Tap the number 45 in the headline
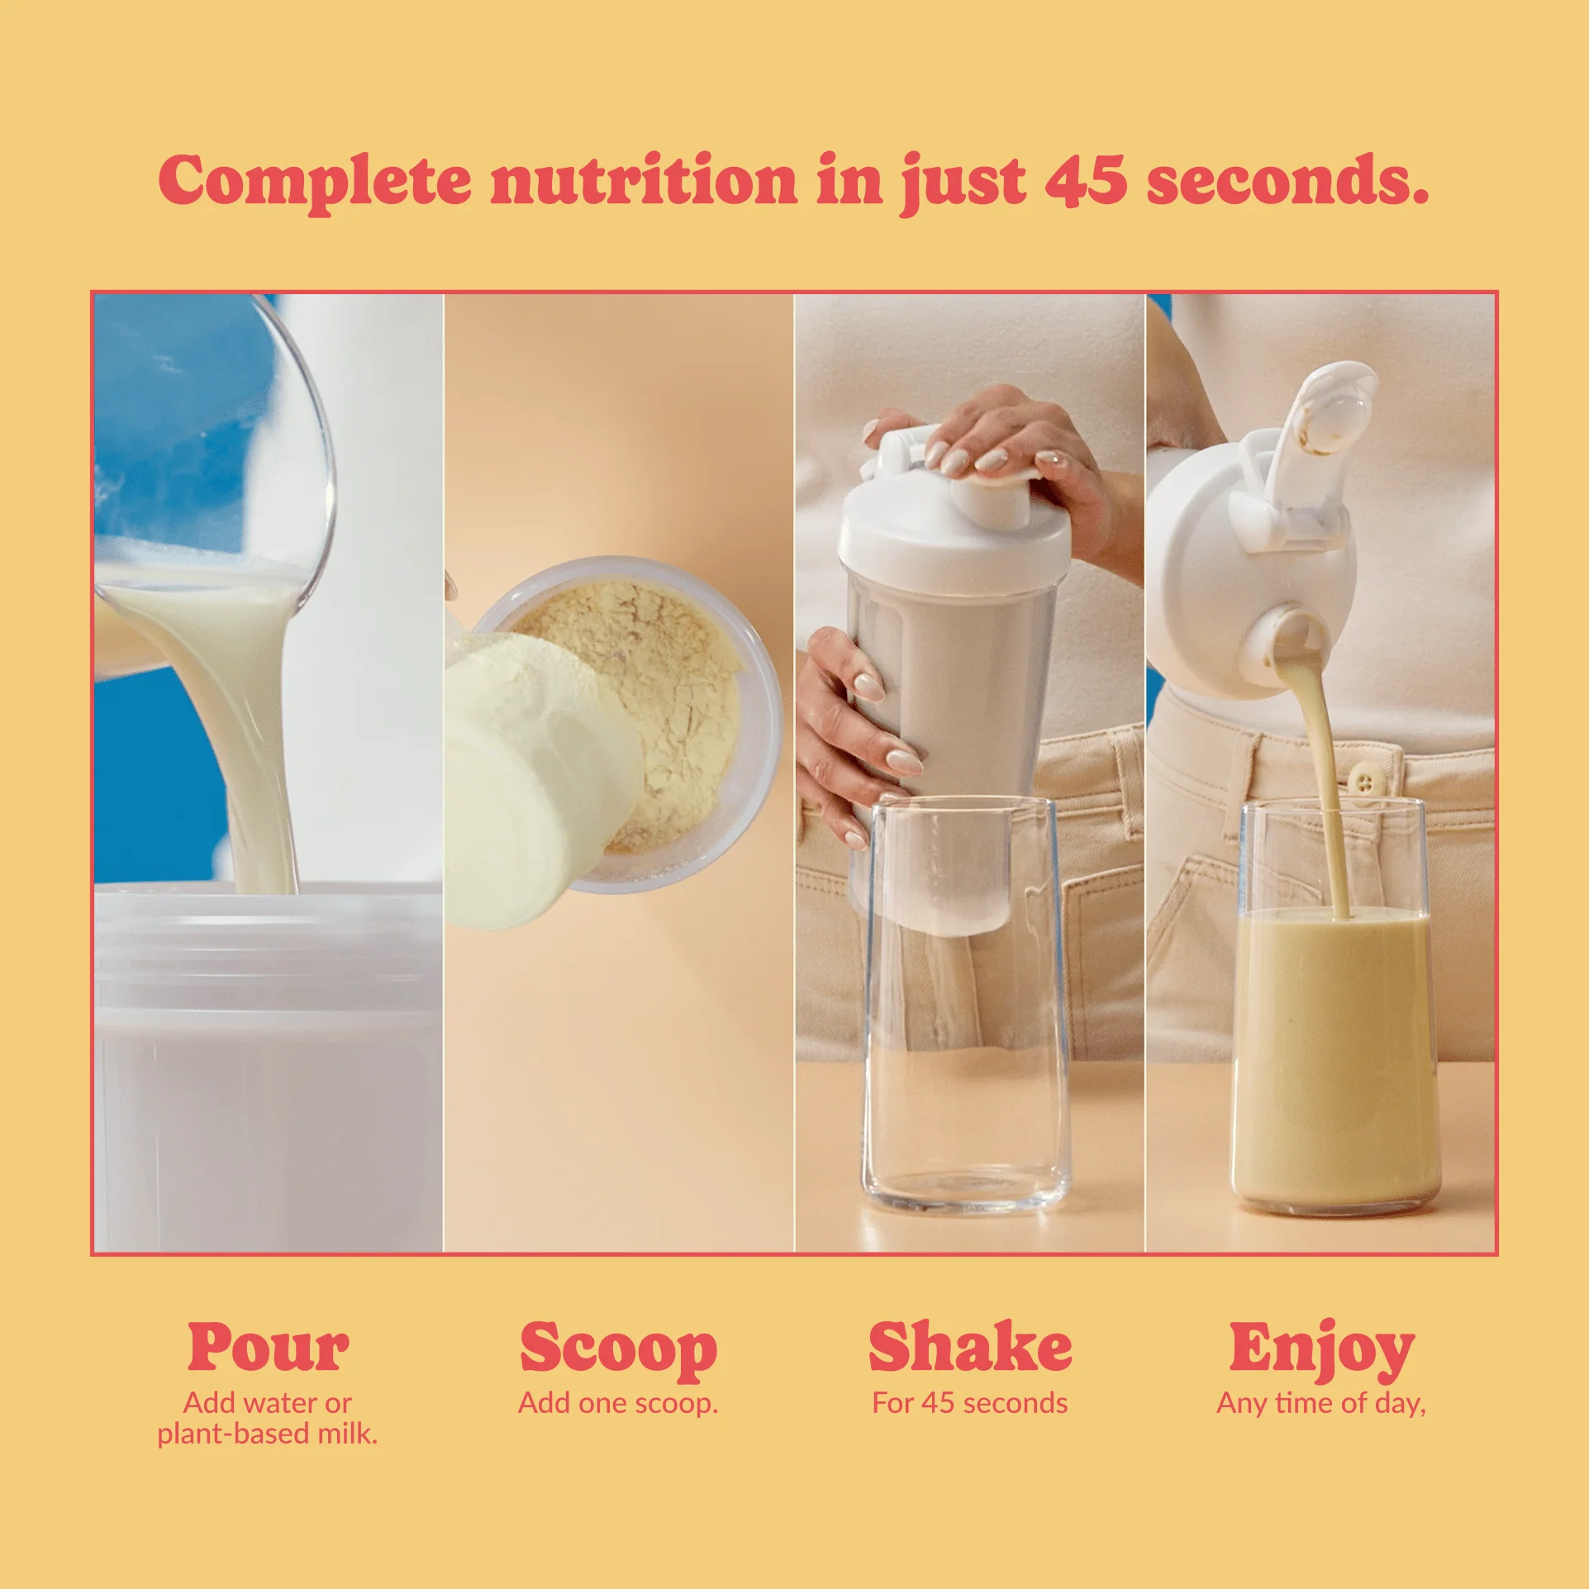(x=1086, y=179)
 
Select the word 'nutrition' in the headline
(x=645, y=179)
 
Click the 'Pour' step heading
(x=268, y=1349)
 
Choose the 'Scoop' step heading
(x=618, y=1350)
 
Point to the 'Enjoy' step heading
(x=1321, y=1350)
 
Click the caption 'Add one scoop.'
(x=618, y=1403)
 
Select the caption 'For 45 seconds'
(x=970, y=1403)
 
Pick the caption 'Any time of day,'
(x=1321, y=1404)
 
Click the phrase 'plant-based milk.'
(x=268, y=1434)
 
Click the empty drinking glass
(x=965, y=1004)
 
